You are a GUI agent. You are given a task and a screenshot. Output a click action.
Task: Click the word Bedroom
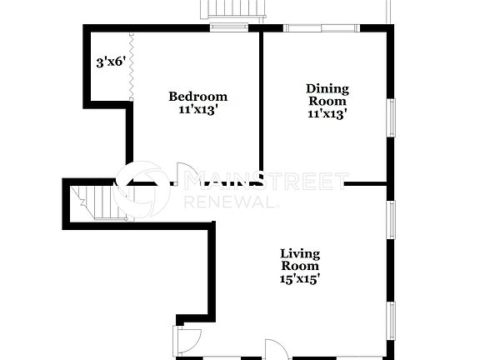click(x=197, y=96)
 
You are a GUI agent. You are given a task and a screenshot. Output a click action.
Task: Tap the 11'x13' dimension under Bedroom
click(x=197, y=109)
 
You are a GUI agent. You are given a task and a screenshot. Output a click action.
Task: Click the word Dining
click(x=327, y=88)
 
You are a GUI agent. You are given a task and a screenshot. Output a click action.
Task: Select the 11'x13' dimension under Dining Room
click(x=327, y=115)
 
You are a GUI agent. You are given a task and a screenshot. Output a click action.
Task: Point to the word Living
click(x=300, y=253)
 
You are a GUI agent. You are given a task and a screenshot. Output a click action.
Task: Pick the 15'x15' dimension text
click(x=300, y=279)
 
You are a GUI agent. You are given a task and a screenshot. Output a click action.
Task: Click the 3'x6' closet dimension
click(x=109, y=62)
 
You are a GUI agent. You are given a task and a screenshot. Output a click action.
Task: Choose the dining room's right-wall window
click(x=390, y=117)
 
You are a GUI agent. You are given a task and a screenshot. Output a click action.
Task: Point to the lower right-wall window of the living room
click(x=390, y=321)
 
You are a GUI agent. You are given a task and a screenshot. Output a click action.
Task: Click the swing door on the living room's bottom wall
click(x=278, y=349)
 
